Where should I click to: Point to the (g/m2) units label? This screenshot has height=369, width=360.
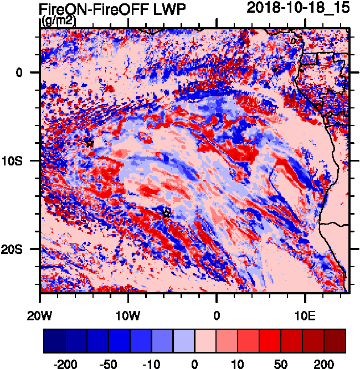click(x=58, y=21)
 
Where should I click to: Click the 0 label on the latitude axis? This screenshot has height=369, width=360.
click(x=19, y=72)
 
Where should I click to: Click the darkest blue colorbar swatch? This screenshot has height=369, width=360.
click(x=54, y=341)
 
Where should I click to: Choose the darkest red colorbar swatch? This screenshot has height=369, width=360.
click(x=335, y=341)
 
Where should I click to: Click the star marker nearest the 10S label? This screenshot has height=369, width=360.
click(x=90, y=143)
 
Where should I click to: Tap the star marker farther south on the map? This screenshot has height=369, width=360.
click(x=166, y=213)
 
